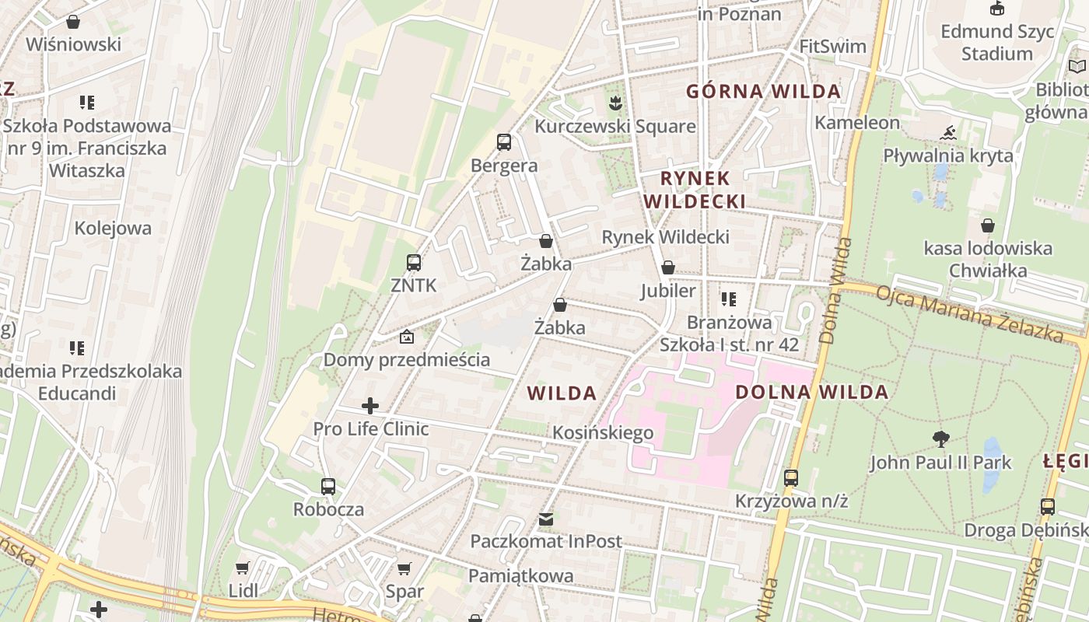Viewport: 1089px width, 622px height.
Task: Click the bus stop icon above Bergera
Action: click(x=504, y=142)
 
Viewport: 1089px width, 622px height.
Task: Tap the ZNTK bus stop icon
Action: click(x=414, y=263)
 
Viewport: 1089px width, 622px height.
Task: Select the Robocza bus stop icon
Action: click(x=328, y=487)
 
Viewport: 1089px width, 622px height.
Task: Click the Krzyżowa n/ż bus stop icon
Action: click(x=791, y=478)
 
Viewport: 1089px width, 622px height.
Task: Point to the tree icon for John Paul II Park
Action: click(x=941, y=439)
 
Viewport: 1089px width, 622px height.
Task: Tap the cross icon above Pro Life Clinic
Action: click(x=370, y=406)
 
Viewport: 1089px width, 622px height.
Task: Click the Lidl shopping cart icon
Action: click(x=243, y=568)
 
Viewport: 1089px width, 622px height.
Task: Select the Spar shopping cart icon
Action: click(x=404, y=568)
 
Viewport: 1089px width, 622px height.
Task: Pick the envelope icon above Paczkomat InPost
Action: click(x=546, y=519)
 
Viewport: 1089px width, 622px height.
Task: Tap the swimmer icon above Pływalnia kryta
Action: click(x=947, y=133)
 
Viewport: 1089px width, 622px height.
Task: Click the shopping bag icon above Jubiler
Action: click(x=667, y=268)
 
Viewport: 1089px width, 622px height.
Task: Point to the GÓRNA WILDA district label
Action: click(x=763, y=91)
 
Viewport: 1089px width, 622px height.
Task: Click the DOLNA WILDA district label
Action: click(x=811, y=392)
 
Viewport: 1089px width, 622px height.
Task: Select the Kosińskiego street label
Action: click(x=603, y=432)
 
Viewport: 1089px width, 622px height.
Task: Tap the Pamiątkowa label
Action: click(x=520, y=576)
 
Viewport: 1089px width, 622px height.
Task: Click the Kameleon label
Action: click(x=856, y=122)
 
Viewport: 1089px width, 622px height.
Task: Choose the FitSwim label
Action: click(x=832, y=46)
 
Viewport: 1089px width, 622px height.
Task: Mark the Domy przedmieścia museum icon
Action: click(x=406, y=337)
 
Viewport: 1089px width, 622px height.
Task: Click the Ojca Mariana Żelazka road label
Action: click(x=969, y=314)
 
